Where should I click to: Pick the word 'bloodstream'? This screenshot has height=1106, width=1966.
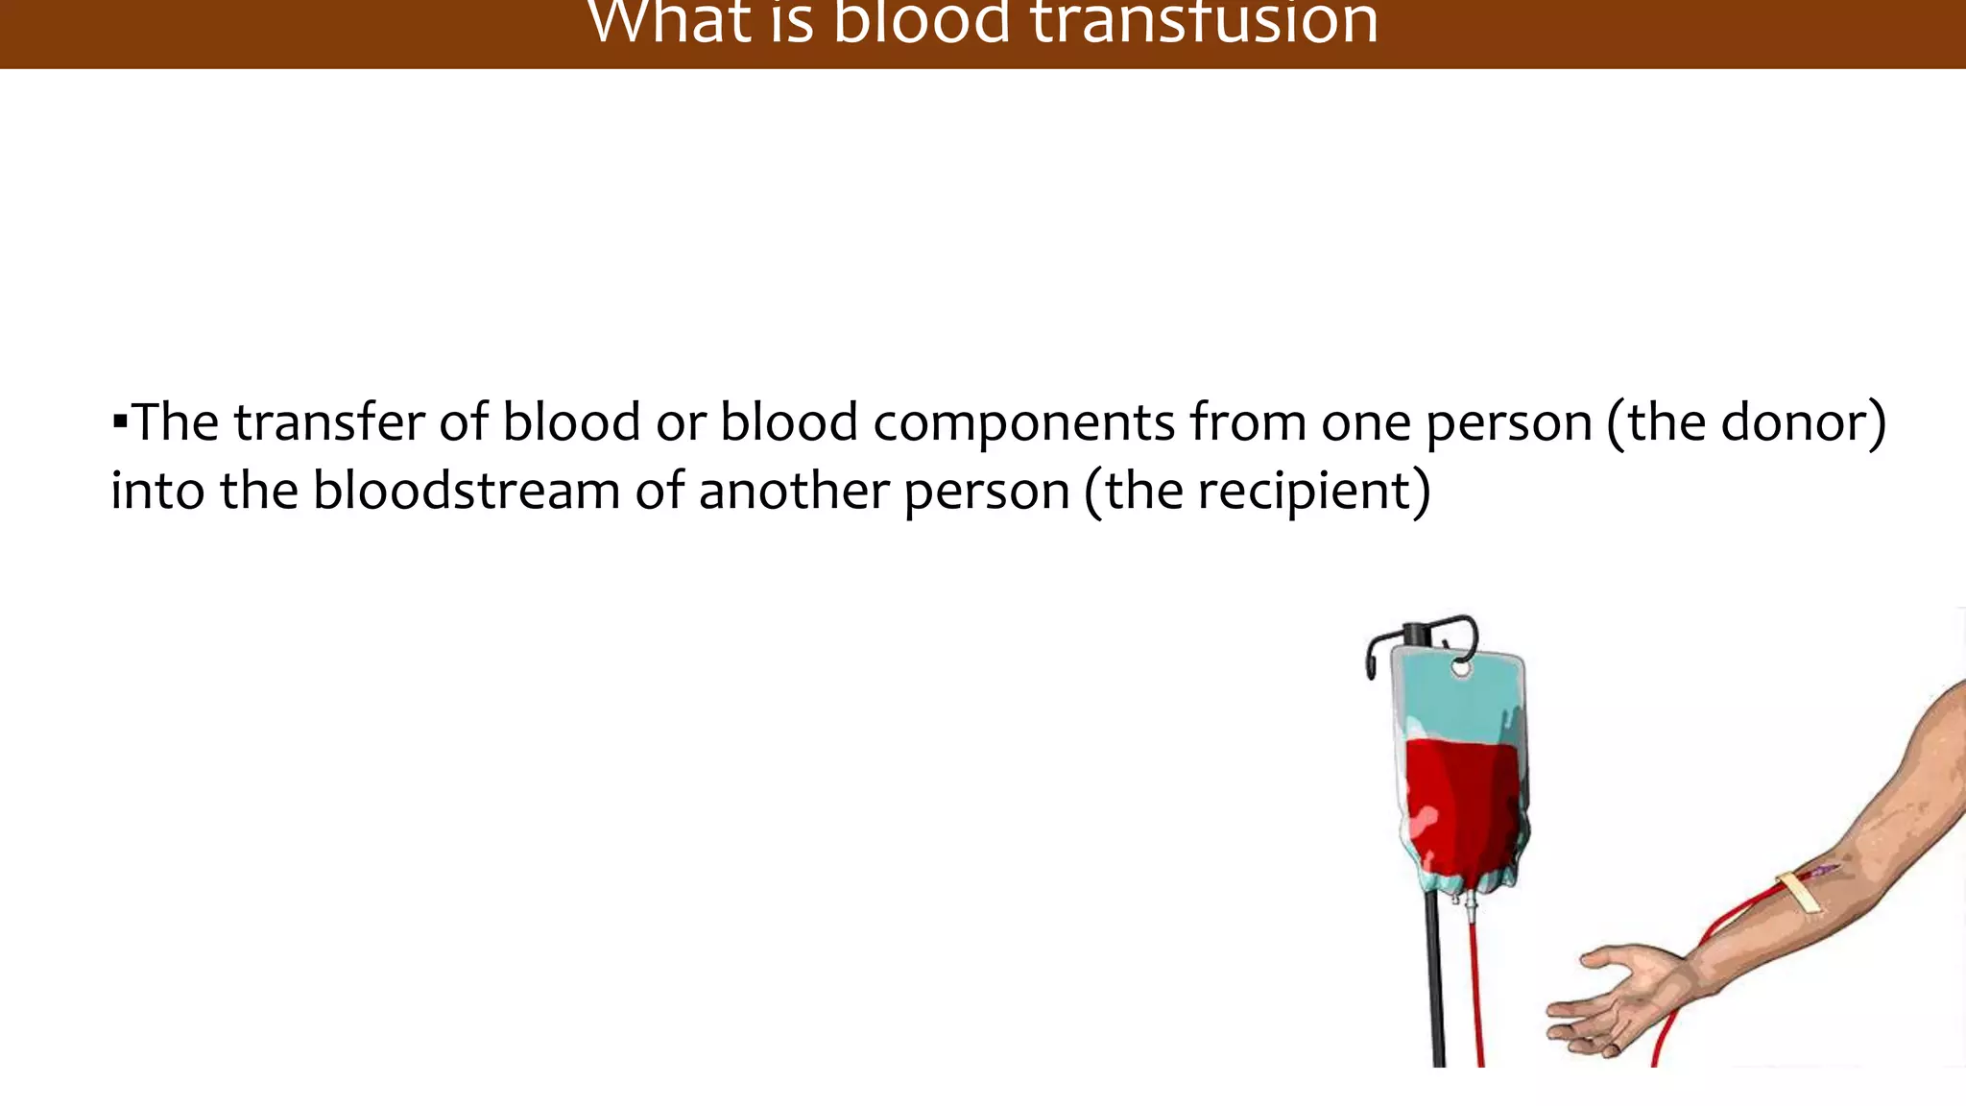click(467, 491)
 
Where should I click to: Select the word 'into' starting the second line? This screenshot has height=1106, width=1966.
click(157, 491)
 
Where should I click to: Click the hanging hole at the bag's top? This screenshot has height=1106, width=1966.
click(1460, 667)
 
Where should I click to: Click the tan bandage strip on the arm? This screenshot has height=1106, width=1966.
click(1799, 893)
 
